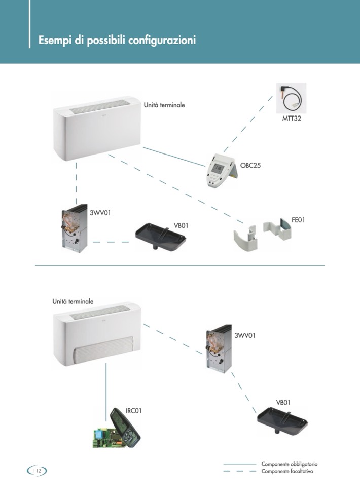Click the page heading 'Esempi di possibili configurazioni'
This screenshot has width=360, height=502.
coord(117,41)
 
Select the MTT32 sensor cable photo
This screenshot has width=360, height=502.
coord(291,97)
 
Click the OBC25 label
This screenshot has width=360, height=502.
coord(250,165)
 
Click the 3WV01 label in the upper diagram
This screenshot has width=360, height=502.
coord(100,213)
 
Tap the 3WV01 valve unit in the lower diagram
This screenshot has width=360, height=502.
coord(219,349)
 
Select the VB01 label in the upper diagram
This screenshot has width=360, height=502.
coord(181,225)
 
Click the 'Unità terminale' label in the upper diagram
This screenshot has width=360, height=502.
coord(164,105)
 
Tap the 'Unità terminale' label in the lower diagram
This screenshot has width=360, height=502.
coord(73,301)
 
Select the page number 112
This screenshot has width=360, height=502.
coord(37,471)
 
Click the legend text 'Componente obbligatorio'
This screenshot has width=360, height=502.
coord(289,464)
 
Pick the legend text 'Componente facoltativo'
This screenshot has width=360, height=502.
coord(287,471)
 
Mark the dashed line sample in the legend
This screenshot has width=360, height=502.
coord(239,471)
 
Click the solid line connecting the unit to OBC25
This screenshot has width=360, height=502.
coord(174,156)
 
